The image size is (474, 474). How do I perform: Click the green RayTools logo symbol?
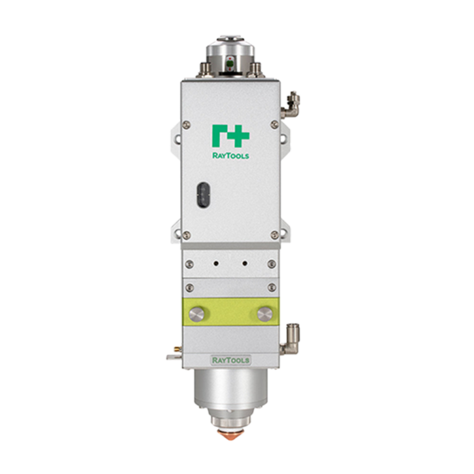click(231, 135)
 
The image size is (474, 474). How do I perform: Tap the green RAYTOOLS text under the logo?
click(231, 155)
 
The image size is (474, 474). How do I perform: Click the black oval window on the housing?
click(203, 195)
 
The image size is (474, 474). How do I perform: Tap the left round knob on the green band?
click(196, 313)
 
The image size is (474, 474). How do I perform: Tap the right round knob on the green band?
click(265, 313)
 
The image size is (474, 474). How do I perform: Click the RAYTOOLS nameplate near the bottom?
click(231, 360)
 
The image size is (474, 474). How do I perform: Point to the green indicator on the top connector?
click(230, 63)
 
